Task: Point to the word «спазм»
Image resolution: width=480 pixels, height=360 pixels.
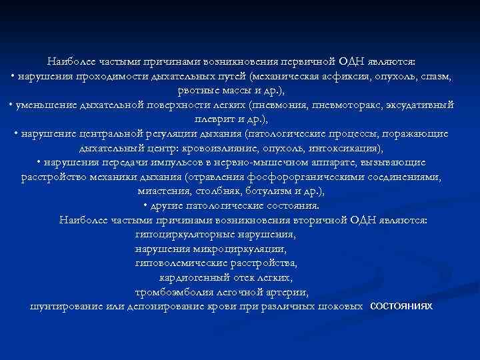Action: click(x=440, y=77)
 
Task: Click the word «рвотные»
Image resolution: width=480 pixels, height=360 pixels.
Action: click(x=200, y=90)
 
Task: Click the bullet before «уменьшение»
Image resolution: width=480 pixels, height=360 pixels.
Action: click(x=12, y=106)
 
